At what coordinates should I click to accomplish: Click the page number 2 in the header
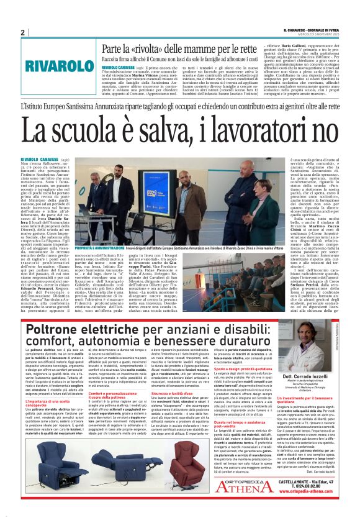click(x=23, y=32)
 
